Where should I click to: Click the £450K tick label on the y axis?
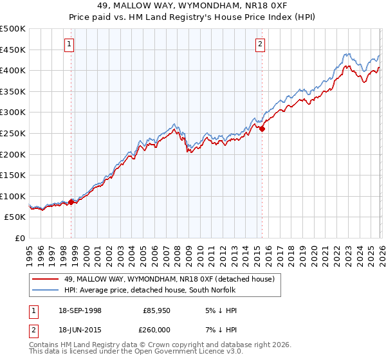click(x=13, y=50)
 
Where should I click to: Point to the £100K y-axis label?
click(x=13, y=196)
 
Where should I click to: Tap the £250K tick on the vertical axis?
click(x=13, y=133)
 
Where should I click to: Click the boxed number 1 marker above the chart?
click(x=69, y=44)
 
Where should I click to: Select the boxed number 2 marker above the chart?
click(x=260, y=44)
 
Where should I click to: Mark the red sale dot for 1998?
click(x=71, y=202)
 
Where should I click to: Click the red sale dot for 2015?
click(x=262, y=129)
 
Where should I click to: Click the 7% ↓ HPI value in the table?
click(x=220, y=329)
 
